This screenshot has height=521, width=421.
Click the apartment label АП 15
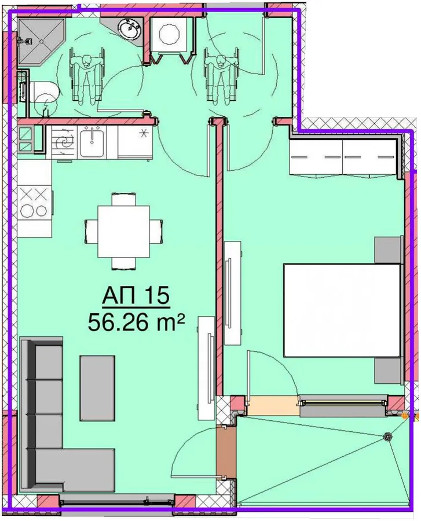click(136, 295)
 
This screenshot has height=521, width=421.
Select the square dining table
click(123, 231)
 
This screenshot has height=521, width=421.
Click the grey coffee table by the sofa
click(97, 388)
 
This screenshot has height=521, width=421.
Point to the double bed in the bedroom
click(342, 310)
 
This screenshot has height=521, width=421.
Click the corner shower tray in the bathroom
click(41, 41)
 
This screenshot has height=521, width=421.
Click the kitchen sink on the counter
click(91, 142)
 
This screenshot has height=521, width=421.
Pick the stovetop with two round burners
click(35, 203)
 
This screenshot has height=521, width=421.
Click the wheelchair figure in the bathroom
click(86, 75)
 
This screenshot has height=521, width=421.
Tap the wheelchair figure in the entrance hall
click(222, 75)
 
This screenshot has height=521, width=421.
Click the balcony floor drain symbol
click(387, 436)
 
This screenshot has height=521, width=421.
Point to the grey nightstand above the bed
click(388, 250)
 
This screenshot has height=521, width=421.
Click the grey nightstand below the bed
click(388, 370)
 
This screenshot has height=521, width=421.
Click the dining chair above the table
click(123, 199)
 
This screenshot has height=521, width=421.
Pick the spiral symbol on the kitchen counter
click(64, 142)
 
